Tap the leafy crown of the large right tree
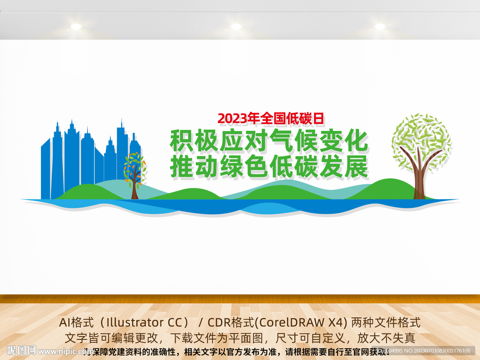(421, 136)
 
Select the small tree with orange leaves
(135, 171)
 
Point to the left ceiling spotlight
(76, 27)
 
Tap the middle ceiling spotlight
(236, 27)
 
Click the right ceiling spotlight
(380, 27)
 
